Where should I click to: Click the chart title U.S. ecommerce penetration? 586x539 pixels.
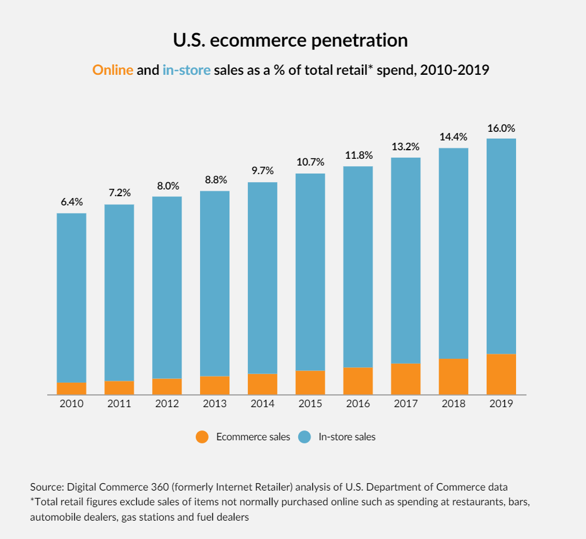(x=291, y=41)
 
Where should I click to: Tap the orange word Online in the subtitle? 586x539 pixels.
(x=113, y=70)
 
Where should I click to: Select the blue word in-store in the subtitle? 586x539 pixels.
(x=187, y=70)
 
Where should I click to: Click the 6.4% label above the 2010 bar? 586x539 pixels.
(x=72, y=202)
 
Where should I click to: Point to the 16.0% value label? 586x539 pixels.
(x=501, y=129)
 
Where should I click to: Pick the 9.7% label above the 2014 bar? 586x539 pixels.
(x=263, y=170)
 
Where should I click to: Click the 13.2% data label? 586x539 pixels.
(x=406, y=147)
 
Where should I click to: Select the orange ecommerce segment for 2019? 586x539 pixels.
(x=501, y=374)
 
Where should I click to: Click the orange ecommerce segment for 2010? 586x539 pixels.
(x=72, y=388)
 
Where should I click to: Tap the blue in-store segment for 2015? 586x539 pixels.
(x=310, y=272)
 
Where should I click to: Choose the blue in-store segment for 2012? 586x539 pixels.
(x=167, y=287)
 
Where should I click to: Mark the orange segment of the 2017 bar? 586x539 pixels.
(x=406, y=379)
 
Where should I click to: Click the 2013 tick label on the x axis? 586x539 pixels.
(x=215, y=404)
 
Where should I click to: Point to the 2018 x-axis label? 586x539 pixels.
(x=453, y=404)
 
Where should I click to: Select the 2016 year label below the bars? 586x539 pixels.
(x=358, y=404)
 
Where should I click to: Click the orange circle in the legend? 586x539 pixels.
(x=202, y=437)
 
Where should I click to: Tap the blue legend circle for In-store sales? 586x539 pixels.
(x=305, y=437)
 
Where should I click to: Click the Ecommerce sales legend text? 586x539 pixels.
(x=253, y=437)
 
